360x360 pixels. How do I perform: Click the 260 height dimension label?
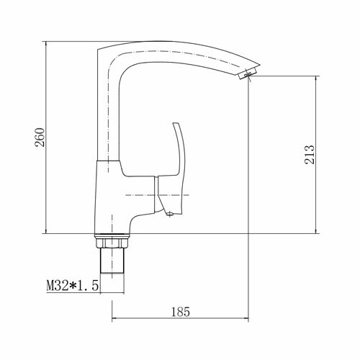[40, 138]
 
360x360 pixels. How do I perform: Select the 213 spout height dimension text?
[310, 155]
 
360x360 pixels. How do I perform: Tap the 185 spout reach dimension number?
[181, 312]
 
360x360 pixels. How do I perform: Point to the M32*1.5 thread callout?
[73, 286]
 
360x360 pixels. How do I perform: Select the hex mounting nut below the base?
[112, 243]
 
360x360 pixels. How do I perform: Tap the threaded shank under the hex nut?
[112, 261]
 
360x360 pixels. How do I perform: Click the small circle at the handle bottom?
[170, 213]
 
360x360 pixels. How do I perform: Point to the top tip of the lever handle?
[174, 123]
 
